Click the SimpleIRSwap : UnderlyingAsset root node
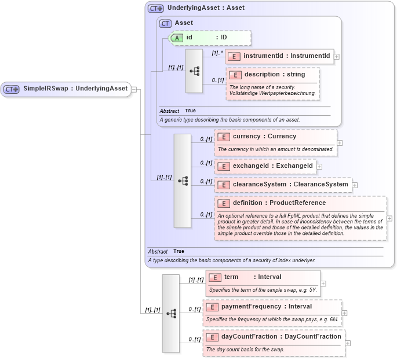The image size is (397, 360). pos(66,89)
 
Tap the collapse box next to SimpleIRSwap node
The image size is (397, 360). pos(134,89)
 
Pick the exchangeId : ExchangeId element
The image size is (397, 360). pos(265,166)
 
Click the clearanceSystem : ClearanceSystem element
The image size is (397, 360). pos(283,185)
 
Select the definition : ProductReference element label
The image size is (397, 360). pos(279,203)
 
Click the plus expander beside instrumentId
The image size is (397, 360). pos(337,57)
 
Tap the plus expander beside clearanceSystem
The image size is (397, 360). pos(355,185)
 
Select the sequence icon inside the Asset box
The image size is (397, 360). pos(194,71)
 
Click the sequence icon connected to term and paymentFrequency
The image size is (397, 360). pos(171,313)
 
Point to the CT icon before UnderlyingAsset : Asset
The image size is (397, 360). pos(155,8)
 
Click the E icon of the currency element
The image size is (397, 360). pos(223,137)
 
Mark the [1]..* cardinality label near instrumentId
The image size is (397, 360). pos(217,53)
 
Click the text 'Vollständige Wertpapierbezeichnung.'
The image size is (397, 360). pos(272,93)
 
